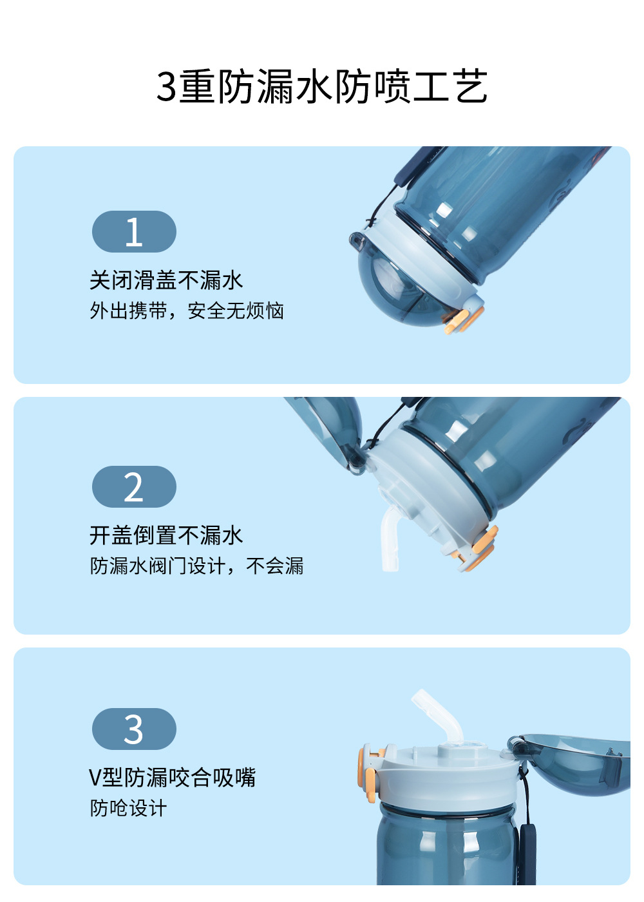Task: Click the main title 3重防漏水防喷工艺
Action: pos(321,86)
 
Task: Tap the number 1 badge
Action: pos(134,231)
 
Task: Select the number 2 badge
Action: pos(134,487)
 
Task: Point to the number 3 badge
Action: pos(134,729)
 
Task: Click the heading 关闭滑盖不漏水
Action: pos(166,280)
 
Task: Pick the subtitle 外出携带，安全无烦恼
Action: pos(187,311)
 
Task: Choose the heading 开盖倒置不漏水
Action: pos(166,535)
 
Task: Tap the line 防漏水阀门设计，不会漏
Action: pos(196,566)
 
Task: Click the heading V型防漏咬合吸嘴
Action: pos(173,777)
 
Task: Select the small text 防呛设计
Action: pos(128,808)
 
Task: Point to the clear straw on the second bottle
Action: pos(390,537)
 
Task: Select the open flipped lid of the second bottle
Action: pos(330,431)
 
